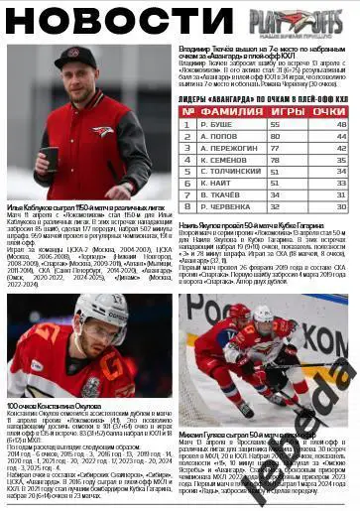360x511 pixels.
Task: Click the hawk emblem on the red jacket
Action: [x=102, y=131]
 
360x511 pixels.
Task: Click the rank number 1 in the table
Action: [x=186, y=124]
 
